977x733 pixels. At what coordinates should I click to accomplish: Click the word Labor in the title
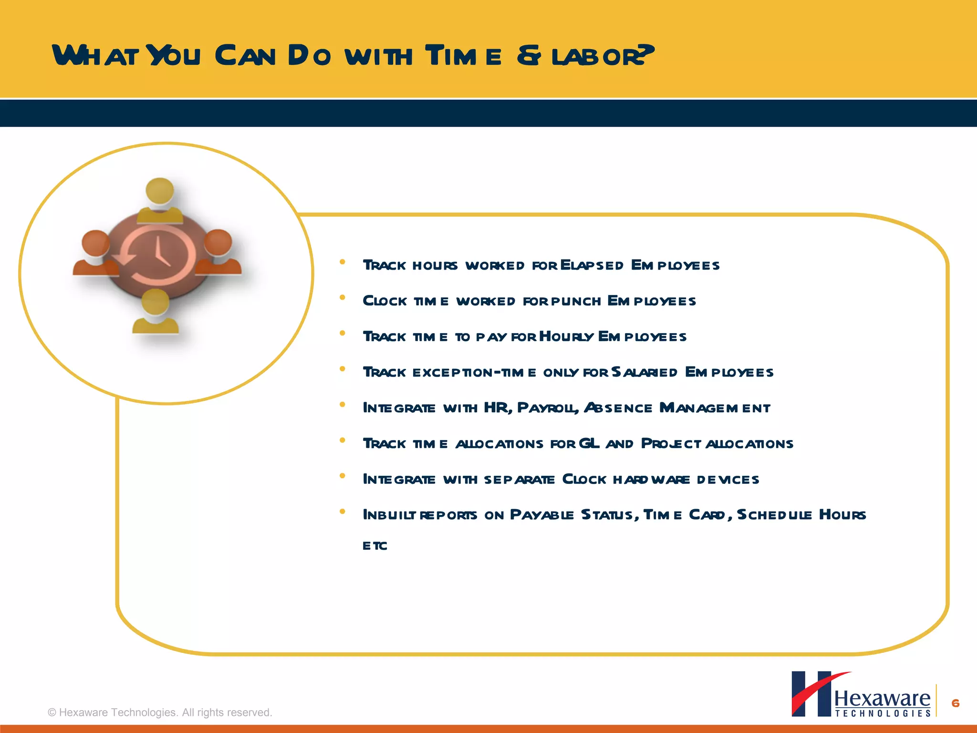[602, 56]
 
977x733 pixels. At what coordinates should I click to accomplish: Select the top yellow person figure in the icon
[159, 200]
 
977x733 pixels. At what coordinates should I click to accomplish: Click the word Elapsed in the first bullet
[592, 265]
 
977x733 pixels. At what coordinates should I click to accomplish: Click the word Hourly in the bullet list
[567, 337]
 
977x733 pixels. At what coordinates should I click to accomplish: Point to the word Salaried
[644, 372]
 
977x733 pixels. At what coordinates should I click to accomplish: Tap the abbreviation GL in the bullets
[589, 444]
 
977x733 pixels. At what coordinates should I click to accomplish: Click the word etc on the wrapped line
[375, 546]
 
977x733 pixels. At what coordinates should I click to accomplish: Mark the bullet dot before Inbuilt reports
[342, 512]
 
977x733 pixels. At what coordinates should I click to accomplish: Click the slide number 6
[956, 703]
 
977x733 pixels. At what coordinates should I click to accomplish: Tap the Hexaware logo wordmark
[882, 699]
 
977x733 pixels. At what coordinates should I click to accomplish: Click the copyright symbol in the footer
[52, 712]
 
